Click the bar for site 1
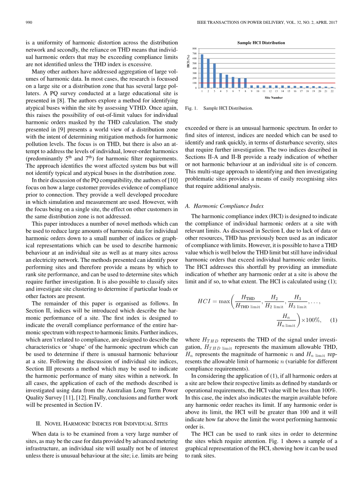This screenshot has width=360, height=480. [x=202, y=71]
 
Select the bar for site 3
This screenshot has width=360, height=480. [x=214, y=76]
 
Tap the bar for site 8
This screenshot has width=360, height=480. [x=245, y=83]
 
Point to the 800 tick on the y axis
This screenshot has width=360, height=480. [x=194, y=48]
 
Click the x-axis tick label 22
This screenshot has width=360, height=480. [x=332, y=91]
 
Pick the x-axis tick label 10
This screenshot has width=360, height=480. [x=258, y=91]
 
